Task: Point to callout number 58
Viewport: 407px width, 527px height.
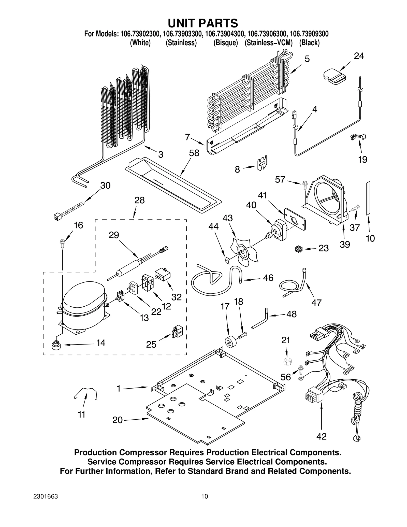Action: (194, 153)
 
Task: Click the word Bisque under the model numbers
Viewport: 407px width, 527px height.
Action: (225, 43)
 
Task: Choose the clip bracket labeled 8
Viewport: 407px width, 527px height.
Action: (262, 163)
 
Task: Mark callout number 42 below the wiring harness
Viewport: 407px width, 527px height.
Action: (321, 436)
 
